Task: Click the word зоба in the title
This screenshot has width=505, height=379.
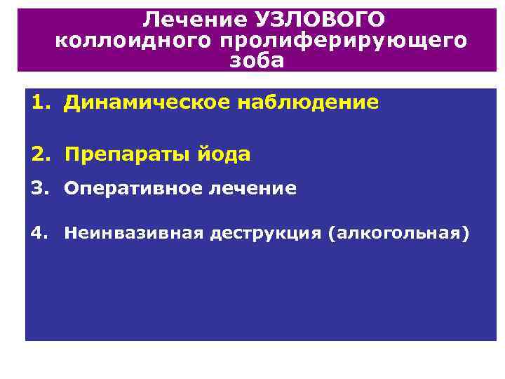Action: pos(258,60)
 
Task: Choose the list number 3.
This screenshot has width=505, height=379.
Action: pos(39,188)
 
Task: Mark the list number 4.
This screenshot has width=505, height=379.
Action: pos(39,233)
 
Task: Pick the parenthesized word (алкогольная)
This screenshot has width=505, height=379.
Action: pos(397,233)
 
